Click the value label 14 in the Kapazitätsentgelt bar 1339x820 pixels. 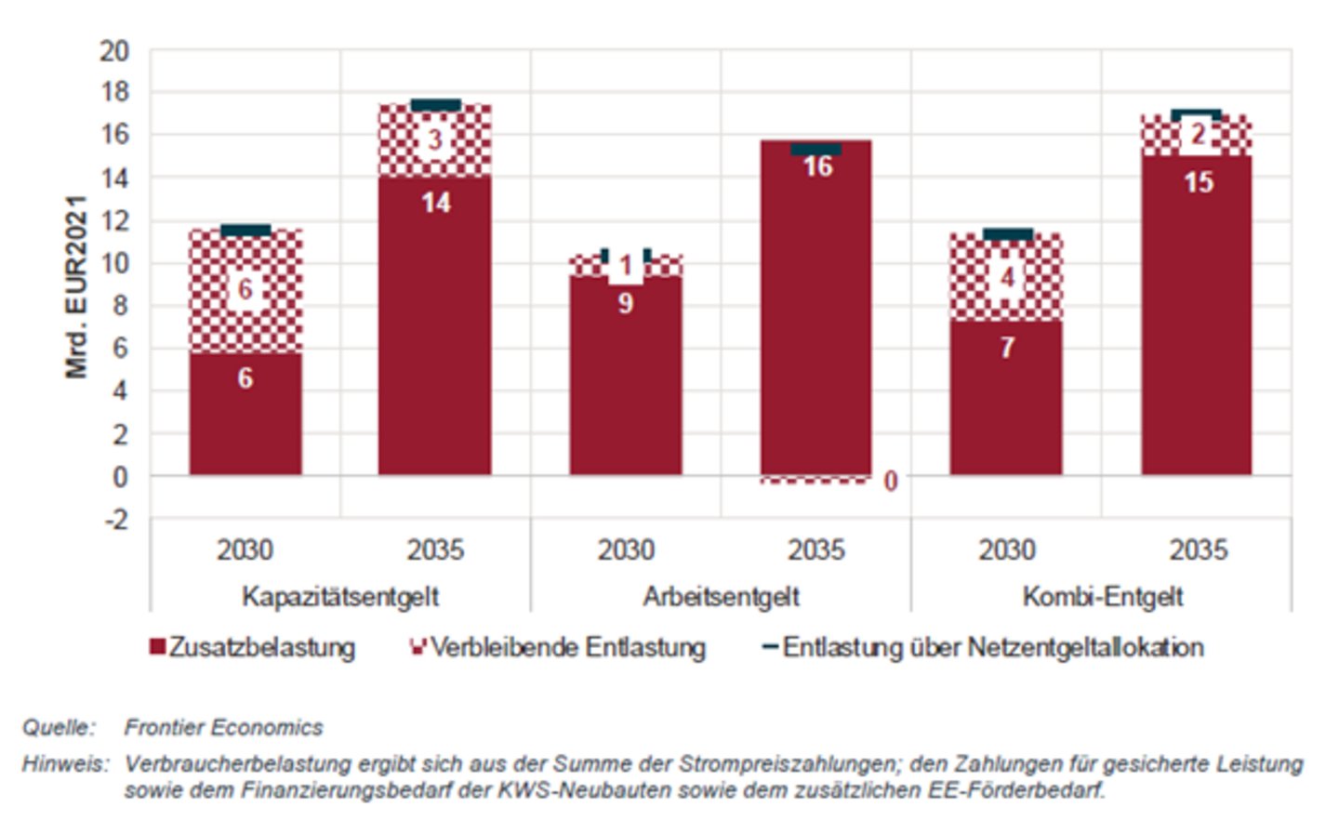(435, 203)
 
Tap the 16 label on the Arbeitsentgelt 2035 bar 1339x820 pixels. (817, 166)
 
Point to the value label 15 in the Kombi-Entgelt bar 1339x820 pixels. (1198, 182)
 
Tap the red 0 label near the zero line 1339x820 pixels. (890, 482)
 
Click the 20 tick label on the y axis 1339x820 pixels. (114, 50)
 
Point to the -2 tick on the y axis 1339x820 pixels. (116, 520)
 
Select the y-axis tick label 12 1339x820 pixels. (114, 220)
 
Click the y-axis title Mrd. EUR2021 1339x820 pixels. (76, 286)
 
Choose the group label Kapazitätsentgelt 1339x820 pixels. (340, 596)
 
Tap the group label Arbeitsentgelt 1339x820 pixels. (721, 596)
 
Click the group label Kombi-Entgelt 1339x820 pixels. (1102, 596)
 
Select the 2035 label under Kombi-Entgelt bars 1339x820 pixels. (1198, 550)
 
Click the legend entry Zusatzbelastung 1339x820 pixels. (253, 647)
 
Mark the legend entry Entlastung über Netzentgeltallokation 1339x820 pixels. (983, 647)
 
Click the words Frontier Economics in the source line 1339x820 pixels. (223, 727)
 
